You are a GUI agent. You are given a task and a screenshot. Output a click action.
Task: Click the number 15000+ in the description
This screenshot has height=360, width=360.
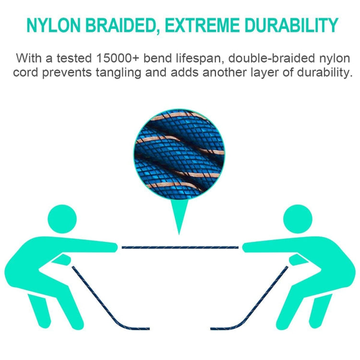pyautogui.click(x=125, y=59)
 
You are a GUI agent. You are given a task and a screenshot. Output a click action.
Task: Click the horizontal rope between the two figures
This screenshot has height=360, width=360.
pyautogui.click(x=180, y=247)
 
